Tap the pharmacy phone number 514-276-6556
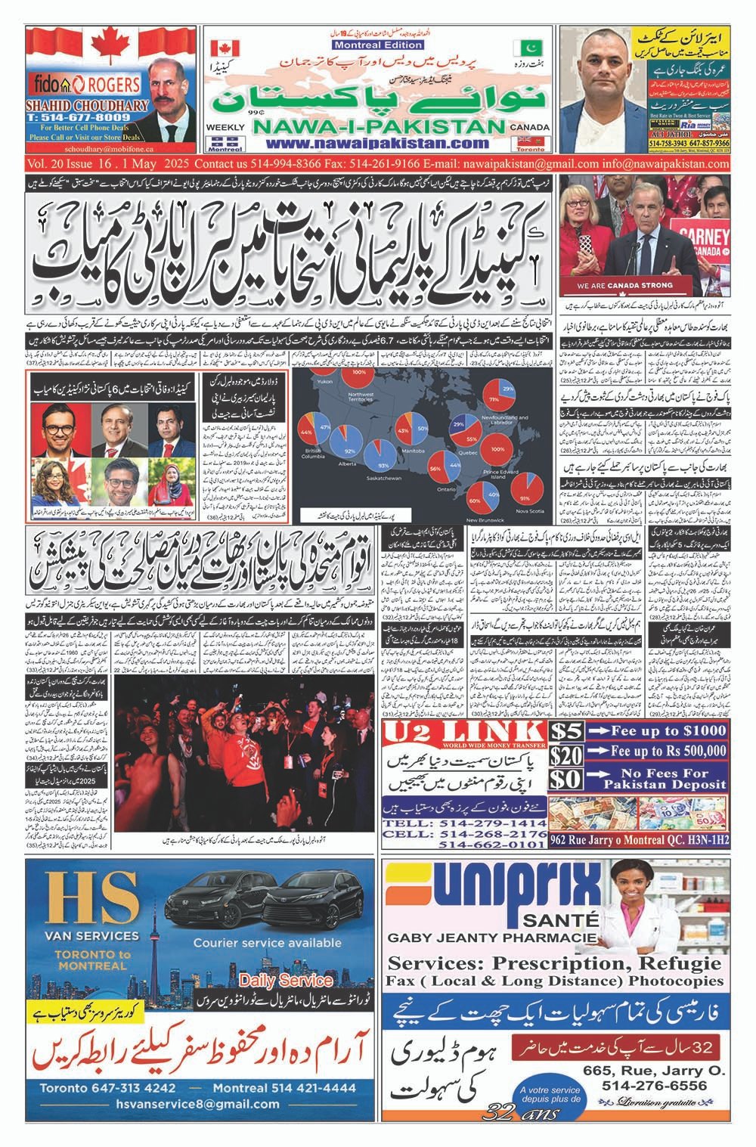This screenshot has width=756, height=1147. pos(655,1085)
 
